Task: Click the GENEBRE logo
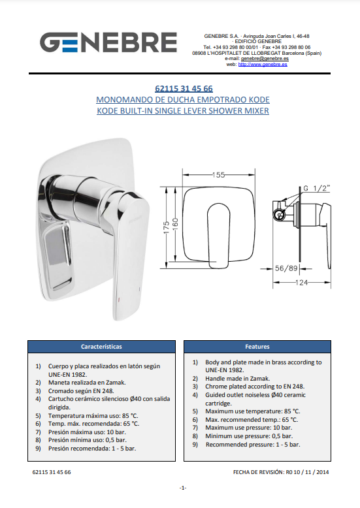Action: click(x=108, y=42)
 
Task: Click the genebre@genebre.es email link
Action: click(x=265, y=59)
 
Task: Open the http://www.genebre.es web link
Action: click(x=263, y=65)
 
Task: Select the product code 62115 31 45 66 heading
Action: click(x=184, y=88)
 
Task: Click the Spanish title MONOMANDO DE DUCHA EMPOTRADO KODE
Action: click(x=183, y=100)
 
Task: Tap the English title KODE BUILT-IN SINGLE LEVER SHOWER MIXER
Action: click(x=183, y=111)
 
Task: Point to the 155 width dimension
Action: click(x=219, y=175)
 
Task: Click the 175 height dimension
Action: click(x=167, y=227)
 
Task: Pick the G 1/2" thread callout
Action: click(x=316, y=188)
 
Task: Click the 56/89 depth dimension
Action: click(x=286, y=268)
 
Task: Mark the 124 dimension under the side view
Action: click(x=302, y=283)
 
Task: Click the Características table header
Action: click(x=101, y=347)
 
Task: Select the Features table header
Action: click(x=257, y=347)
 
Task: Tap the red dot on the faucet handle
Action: click(x=119, y=299)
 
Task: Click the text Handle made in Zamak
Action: click(x=237, y=379)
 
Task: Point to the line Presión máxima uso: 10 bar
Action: click(x=87, y=432)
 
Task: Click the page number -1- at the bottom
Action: click(x=183, y=488)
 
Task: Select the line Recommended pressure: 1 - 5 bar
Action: click(x=253, y=445)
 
